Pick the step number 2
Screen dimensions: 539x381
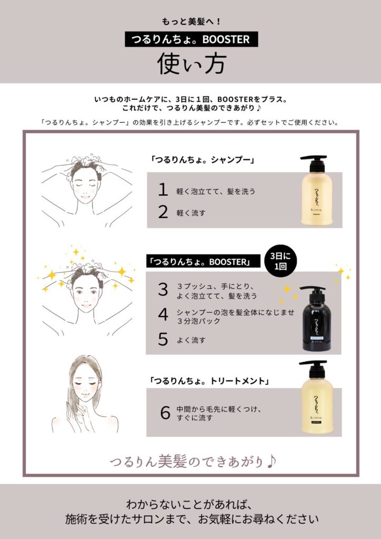pyautogui.click(x=163, y=212)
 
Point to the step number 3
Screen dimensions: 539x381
pyautogui.click(x=163, y=289)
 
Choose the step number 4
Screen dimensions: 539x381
pyautogui.click(x=163, y=314)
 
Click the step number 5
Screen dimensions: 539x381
pyautogui.click(x=163, y=340)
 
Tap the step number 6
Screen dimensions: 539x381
pyautogui.click(x=165, y=413)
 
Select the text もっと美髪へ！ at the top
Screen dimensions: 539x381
pyautogui.click(x=190, y=22)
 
